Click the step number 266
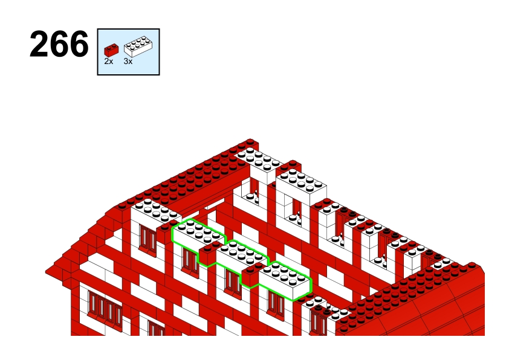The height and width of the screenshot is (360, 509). click(59, 44)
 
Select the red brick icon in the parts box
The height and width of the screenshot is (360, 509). click(111, 50)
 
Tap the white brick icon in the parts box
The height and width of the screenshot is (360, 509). click(138, 47)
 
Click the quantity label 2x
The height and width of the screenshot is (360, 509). click(108, 61)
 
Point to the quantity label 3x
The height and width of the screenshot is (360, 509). click(128, 61)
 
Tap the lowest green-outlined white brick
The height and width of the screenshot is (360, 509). click(285, 280)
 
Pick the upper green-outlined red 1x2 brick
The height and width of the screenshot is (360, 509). click(208, 254)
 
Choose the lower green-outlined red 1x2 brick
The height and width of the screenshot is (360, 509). click(251, 275)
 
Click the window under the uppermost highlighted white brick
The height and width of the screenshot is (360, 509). click(190, 262)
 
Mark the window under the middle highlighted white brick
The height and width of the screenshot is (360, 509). click(233, 283)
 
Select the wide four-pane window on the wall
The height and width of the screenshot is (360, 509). click(105, 310)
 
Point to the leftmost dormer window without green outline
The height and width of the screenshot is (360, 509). click(148, 239)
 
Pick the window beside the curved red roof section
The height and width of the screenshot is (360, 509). click(318, 320)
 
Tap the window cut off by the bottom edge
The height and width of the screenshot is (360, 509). click(157, 328)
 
